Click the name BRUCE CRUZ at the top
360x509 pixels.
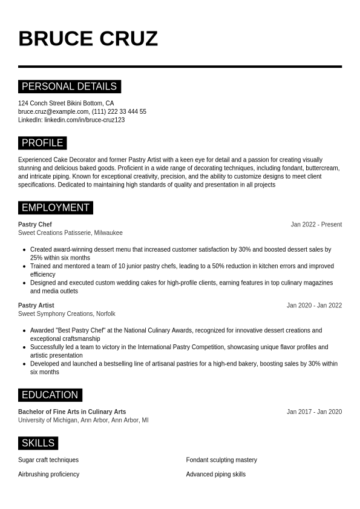point(88,39)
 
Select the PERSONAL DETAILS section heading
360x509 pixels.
point(70,87)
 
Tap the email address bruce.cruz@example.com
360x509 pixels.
point(53,112)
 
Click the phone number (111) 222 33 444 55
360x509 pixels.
point(119,112)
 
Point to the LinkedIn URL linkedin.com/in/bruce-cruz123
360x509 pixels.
point(84,120)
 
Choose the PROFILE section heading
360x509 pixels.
point(42,143)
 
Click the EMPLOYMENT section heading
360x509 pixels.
point(56,208)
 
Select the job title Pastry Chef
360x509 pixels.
point(35,225)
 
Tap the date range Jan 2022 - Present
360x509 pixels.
point(316,225)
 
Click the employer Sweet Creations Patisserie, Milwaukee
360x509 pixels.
point(70,233)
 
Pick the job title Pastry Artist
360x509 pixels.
point(36,306)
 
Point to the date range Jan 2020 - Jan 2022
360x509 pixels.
point(314,306)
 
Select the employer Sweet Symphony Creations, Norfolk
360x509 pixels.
point(67,314)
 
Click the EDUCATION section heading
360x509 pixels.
point(50,395)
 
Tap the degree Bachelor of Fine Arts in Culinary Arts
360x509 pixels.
point(72,412)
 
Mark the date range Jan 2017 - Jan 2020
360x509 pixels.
point(314,412)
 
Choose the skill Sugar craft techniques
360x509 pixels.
point(48,460)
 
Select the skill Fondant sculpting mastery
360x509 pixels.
point(221,460)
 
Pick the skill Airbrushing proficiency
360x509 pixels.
point(48,475)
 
